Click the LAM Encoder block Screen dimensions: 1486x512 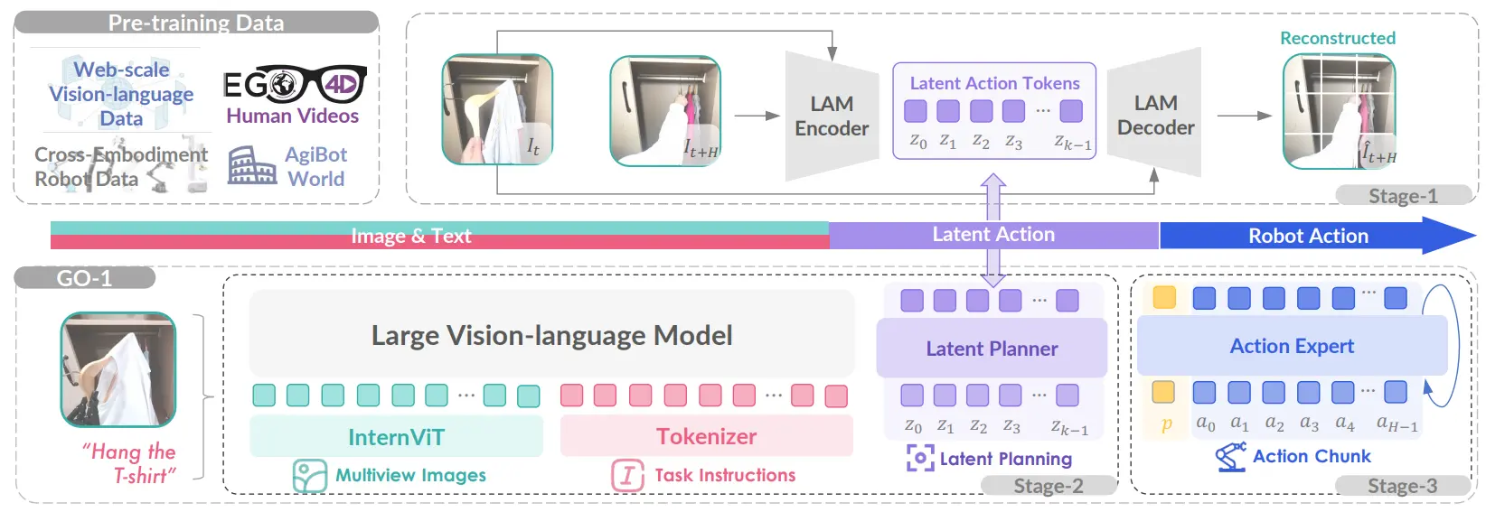pos(832,116)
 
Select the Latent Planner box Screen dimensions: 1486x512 pos(992,348)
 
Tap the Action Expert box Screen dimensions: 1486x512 pos(1292,346)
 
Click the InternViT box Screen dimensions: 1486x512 pos(396,436)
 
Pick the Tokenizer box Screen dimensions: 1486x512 pos(707,436)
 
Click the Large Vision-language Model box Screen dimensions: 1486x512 pos(551,334)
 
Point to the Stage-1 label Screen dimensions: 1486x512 pos(1403,195)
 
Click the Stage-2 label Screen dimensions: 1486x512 pos(1049,486)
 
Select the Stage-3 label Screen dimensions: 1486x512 pos(1403,486)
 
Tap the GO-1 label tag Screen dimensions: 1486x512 pos(84,278)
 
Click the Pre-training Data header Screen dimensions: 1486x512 pos(196,23)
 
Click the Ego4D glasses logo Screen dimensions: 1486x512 pos(296,84)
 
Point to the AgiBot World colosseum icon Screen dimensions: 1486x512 pos(252,165)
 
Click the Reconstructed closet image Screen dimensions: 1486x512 pos(1340,111)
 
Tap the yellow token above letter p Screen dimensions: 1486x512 pos(1163,392)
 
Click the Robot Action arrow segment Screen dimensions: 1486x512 pos(1318,235)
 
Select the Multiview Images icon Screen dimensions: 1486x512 pos(310,476)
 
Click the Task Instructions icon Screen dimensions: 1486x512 pos(627,476)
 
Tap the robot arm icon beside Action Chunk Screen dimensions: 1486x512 pos(1230,456)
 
